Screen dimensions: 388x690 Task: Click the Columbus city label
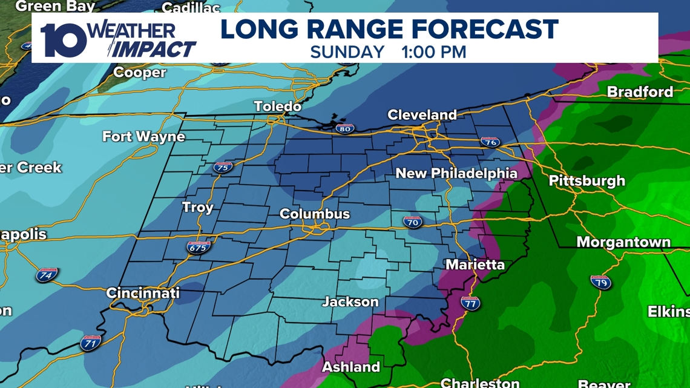pos(315,214)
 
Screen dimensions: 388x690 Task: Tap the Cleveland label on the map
pos(422,115)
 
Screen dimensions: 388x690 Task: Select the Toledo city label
pos(278,107)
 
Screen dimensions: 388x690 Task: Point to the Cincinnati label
pos(143,294)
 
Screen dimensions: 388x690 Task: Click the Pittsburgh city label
pos(586,181)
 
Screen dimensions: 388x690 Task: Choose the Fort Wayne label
pos(143,137)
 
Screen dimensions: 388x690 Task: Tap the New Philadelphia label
pos(456,174)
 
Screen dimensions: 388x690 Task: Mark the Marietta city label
pos(475,265)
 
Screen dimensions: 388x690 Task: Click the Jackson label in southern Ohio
pos(350,302)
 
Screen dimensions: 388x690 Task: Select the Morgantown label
pos(623,243)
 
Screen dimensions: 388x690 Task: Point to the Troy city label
pos(198,208)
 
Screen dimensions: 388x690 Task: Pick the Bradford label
pos(640,93)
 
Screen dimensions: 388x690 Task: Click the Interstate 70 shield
pos(413,222)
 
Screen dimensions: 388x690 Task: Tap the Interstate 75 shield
pos(223,168)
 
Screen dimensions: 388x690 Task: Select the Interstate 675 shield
pos(199,247)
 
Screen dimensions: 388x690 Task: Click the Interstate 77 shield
pos(470,303)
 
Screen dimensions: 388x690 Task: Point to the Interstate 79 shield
pos(600,282)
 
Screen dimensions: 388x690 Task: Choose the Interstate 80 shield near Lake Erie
pos(344,128)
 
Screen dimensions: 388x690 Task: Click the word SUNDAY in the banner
pos(347,51)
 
